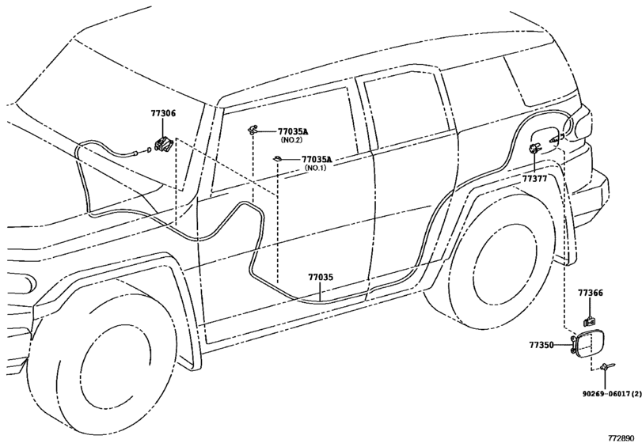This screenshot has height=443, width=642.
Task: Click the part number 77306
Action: pos(163,114)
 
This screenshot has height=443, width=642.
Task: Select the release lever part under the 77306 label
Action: pos(164,145)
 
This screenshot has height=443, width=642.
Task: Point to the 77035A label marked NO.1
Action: pos(316,160)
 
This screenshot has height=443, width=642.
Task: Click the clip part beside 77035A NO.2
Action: pos(254,128)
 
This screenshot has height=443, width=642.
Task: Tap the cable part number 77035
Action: pos(321,278)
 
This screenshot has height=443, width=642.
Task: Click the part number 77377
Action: pos(534,180)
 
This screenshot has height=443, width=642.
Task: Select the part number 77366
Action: pos(590,293)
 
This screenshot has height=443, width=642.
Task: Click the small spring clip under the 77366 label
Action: pos(590,320)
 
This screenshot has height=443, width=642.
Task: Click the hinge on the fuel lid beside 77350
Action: pos(572,345)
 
